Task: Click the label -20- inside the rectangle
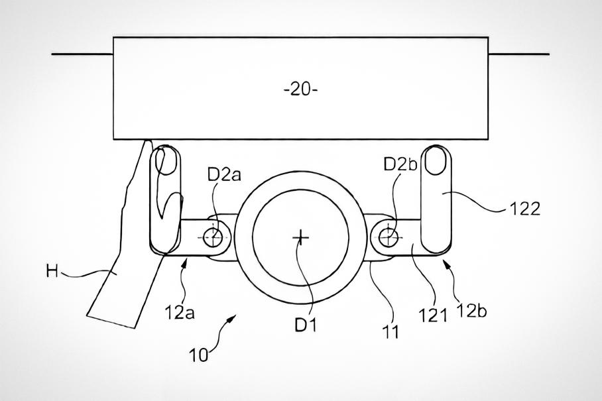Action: pos(301,89)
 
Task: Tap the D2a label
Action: pos(224,175)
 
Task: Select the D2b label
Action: pos(400,164)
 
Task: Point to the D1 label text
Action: pos(306,325)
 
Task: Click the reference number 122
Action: pos(525,209)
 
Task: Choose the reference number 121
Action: pos(433,315)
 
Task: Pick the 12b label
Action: pos(471,311)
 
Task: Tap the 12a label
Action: pos(180,312)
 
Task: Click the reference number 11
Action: pos(391,331)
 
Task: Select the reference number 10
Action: pos(199,355)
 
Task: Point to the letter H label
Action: pos(52,272)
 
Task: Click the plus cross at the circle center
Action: pos(300,238)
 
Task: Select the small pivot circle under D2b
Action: pos(388,237)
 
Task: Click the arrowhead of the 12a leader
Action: pos(186,263)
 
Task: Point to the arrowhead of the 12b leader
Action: pos(446,263)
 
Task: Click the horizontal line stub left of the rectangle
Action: pos(82,54)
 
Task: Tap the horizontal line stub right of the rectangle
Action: pos(518,54)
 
